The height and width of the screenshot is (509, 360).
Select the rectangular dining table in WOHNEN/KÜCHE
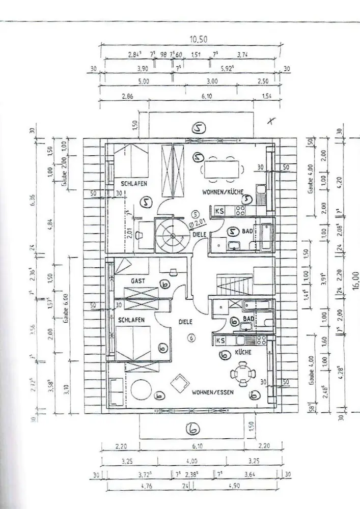[224, 169]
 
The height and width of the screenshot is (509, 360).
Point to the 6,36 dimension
[33, 202]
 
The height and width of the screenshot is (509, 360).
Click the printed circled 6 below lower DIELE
[191, 337]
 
